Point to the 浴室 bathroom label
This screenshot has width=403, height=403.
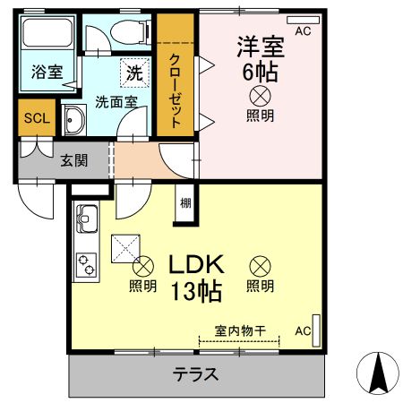tap(47, 73)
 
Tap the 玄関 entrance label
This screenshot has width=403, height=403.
tap(74, 161)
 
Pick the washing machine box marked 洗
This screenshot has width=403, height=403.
tap(133, 71)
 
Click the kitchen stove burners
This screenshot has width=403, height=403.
tap(88, 262)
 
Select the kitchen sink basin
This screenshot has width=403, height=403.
tap(87, 218)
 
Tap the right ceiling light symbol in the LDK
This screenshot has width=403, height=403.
tap(260, 265)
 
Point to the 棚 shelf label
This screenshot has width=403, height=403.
tap(184, 203)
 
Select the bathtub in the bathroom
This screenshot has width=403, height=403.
tap(47, 35)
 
